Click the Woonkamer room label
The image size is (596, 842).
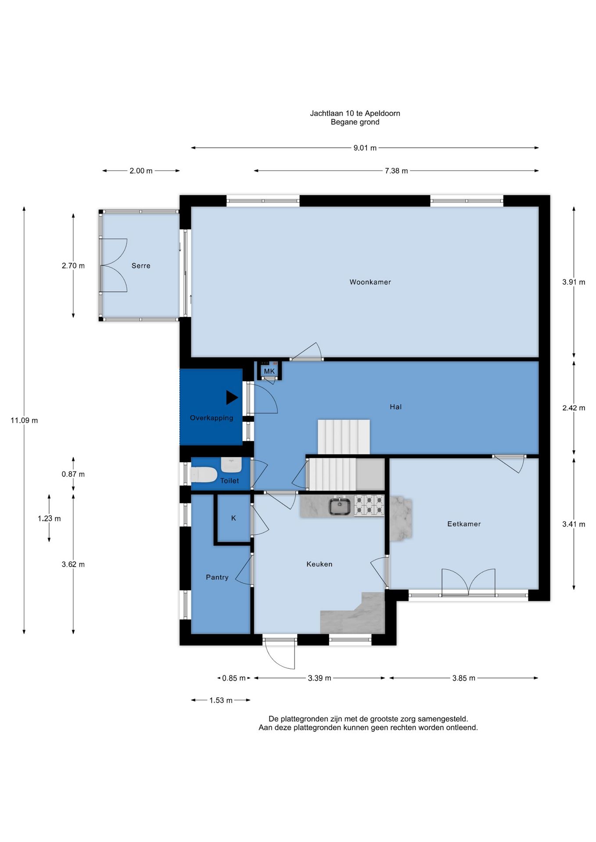370,282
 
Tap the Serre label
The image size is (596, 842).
141,266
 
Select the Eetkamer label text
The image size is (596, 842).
464,524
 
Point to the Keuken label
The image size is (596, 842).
319,564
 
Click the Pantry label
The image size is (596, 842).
217,577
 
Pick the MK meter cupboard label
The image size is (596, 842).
269,371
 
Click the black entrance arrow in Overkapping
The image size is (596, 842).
232,397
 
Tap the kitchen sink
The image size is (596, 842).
340,506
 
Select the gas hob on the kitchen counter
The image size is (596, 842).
369,505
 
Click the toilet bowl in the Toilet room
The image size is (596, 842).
204,475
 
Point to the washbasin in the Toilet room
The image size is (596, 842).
231,464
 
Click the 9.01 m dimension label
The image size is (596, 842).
365,148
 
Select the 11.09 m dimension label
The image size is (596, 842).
24,420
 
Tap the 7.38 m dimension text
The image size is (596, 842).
396,171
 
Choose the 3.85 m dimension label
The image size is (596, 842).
464,678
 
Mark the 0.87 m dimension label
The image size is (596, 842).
73,474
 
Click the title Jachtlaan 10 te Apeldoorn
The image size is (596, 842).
355,113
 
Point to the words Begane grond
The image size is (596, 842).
355,122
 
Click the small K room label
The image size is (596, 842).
233,518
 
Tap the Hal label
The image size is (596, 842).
395,407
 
